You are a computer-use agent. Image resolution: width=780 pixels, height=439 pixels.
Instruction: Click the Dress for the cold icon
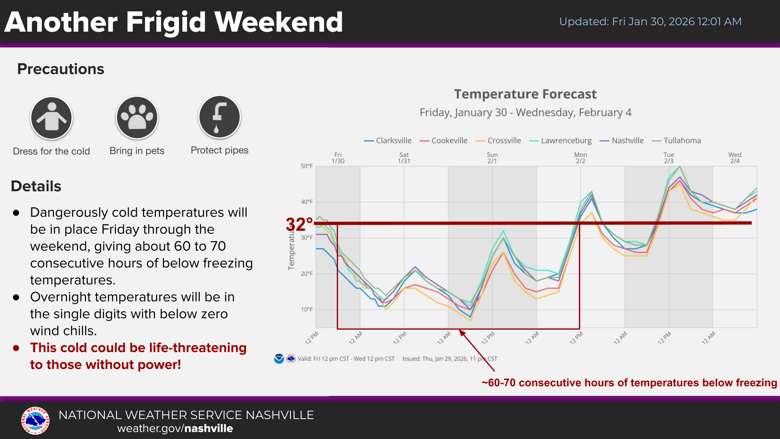(x=52, y=118)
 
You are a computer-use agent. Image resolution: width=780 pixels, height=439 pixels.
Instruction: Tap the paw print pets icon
(x=137, y=118)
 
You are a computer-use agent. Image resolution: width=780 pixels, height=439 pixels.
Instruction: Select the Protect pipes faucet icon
(x=219, y=117)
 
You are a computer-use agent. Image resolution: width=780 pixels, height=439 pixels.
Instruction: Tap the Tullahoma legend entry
(x=677, y=141)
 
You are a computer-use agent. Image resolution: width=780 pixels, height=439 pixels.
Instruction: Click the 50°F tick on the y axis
(x=307, y=166)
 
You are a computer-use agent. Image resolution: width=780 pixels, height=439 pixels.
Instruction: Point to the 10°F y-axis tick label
(x=307, y=310)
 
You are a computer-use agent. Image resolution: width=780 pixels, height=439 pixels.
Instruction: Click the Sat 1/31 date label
(x=404, y=158)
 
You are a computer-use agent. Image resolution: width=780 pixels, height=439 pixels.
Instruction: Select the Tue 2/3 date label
(x=669, y=158)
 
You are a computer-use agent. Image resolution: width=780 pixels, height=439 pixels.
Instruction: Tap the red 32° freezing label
(x=299, y=224)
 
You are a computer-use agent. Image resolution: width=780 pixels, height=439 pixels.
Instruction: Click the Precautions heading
(x=61, y=69)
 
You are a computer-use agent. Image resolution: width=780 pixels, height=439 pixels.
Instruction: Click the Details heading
(x=36, y=186)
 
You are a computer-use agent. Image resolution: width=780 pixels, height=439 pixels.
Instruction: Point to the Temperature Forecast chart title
(x=525, y=94)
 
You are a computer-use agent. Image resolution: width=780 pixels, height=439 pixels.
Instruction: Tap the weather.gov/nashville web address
(x=175, y=428)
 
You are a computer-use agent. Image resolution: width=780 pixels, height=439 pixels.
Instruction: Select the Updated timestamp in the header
(x=650, y=22)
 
